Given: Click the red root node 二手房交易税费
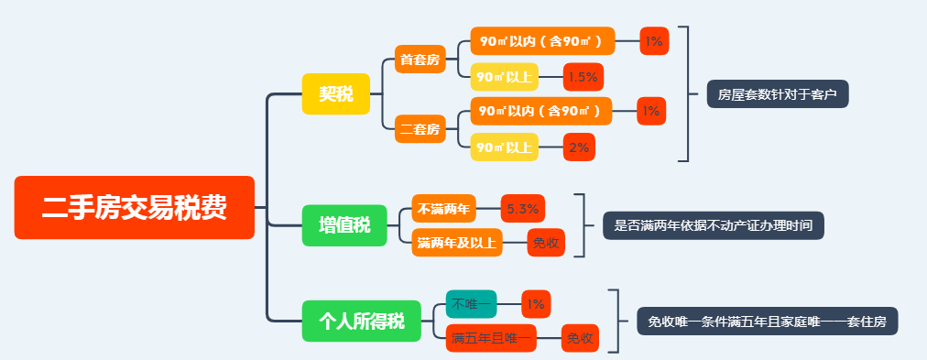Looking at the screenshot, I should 135,208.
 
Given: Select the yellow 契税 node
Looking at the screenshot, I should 335,93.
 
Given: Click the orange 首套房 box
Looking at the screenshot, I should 420,60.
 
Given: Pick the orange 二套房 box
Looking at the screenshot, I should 420,129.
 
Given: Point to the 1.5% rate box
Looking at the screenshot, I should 583,77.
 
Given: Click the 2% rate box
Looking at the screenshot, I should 579,147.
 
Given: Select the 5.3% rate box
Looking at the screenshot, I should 522,209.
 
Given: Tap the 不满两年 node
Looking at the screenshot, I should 444,209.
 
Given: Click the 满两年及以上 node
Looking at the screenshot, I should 457,243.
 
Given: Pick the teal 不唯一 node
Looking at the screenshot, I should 471,303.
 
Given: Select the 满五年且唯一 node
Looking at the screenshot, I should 490,338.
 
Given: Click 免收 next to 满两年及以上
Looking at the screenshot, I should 546,243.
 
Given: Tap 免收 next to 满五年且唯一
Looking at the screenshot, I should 580,338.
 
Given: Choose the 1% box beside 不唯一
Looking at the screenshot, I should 536,303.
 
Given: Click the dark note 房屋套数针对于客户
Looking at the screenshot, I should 778,93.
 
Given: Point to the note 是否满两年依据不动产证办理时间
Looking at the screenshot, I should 713,225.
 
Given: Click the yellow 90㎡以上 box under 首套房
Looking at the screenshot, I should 504,77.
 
